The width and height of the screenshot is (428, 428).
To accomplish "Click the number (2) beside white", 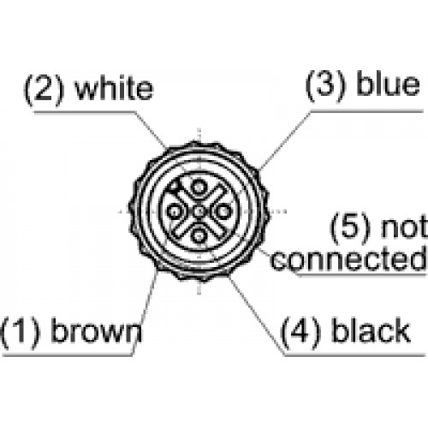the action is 44,89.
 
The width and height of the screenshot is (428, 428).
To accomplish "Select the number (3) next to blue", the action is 325,85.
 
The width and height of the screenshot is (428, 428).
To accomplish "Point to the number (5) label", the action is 350,228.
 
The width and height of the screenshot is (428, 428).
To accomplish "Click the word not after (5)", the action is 404,227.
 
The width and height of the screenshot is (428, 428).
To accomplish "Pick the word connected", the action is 348,259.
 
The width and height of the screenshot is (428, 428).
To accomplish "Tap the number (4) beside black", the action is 300,333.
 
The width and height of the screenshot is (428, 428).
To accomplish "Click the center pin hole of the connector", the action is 199,211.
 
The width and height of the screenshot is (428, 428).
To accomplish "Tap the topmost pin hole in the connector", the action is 199,187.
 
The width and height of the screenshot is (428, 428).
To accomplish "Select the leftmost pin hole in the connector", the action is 174,211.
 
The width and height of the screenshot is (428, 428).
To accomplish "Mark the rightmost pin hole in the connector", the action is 223,211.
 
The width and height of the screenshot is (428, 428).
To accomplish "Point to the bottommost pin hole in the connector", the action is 199,236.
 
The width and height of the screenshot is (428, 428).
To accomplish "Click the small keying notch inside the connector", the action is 175,187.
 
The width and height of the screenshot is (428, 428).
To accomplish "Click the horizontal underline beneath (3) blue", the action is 366,111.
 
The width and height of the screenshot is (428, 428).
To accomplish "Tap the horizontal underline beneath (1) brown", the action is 68,355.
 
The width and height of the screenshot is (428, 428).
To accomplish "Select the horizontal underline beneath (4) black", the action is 354,355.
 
